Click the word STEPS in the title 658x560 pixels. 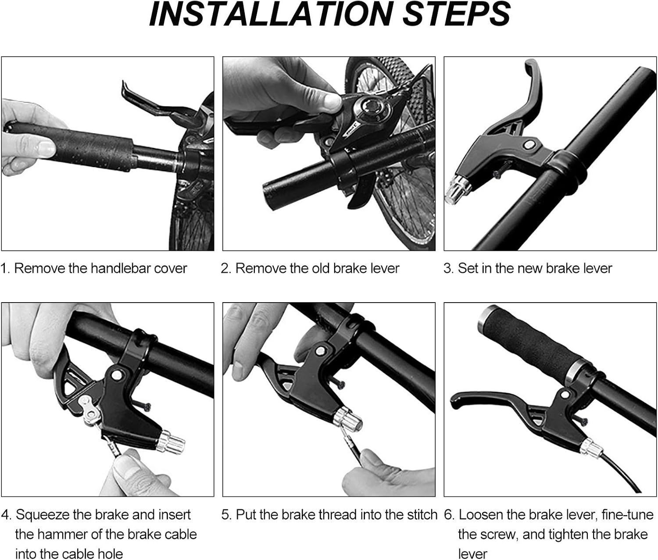click(x=457, y=14)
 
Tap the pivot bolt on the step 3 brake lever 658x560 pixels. click(x=529, y=145)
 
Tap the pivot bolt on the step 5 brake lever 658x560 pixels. click(x=320, y=351)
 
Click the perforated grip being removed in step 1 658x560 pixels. click(x=68, y=145)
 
